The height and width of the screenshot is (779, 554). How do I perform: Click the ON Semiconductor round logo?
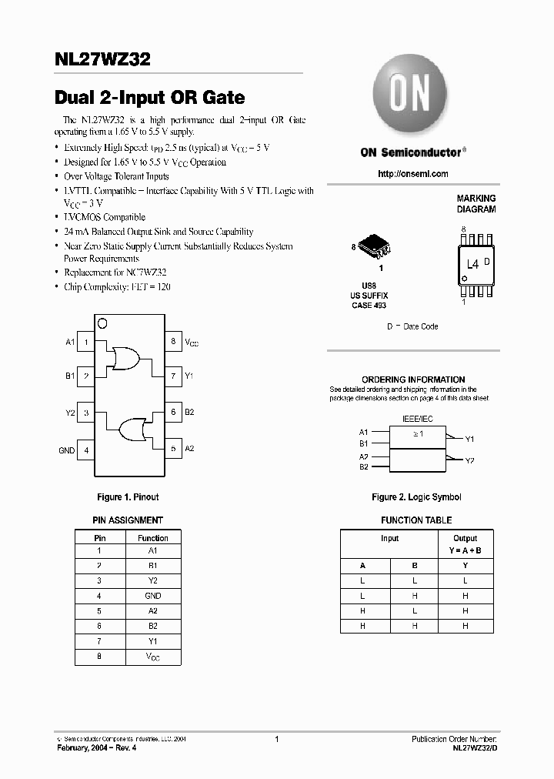pyautogui.click(x=405, y=99)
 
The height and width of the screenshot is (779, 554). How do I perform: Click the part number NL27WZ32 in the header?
pyautogui.click(x=102, y=59)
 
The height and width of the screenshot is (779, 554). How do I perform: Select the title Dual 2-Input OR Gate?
pyautogui.click(x=150, y=98)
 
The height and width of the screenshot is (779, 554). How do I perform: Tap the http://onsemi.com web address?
pyautogui.click(x=412, y=174)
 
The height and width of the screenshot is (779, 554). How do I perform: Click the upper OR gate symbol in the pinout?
pyautogui.click(x=125, y=358)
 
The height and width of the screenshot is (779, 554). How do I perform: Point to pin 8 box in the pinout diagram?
pyautogui.click(x=173, y=341)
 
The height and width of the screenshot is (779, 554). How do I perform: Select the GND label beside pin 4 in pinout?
pyautogui.click(x=67, y=450)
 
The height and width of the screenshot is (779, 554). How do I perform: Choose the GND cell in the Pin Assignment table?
pyautogui.click(x=152, y=596)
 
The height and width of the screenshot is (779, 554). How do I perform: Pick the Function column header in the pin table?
pyautogui.click(x=152, y=538)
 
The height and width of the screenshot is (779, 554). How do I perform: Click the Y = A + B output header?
pyautogui.click(x=465, y=551)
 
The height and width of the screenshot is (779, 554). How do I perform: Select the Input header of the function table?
pyautogui.click(x=389, y=538)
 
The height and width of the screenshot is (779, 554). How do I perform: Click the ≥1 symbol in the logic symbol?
pyautogui.click(x=417, y=434)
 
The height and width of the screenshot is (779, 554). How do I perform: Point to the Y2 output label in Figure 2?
pyautogui.click(x=470, y=461)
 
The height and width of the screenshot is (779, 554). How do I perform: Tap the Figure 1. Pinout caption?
pyautogui.click(x=128, y=497)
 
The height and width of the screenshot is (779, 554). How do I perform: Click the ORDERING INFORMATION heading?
pyautogui.click(x=413, y=379)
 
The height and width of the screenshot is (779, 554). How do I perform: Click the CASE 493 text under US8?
pyautogui.click(x=369, y=306)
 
